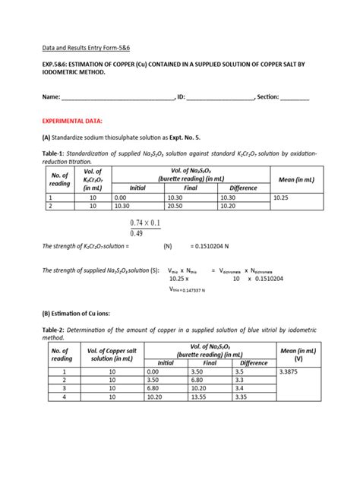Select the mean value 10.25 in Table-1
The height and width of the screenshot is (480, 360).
(x=282, y=197)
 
